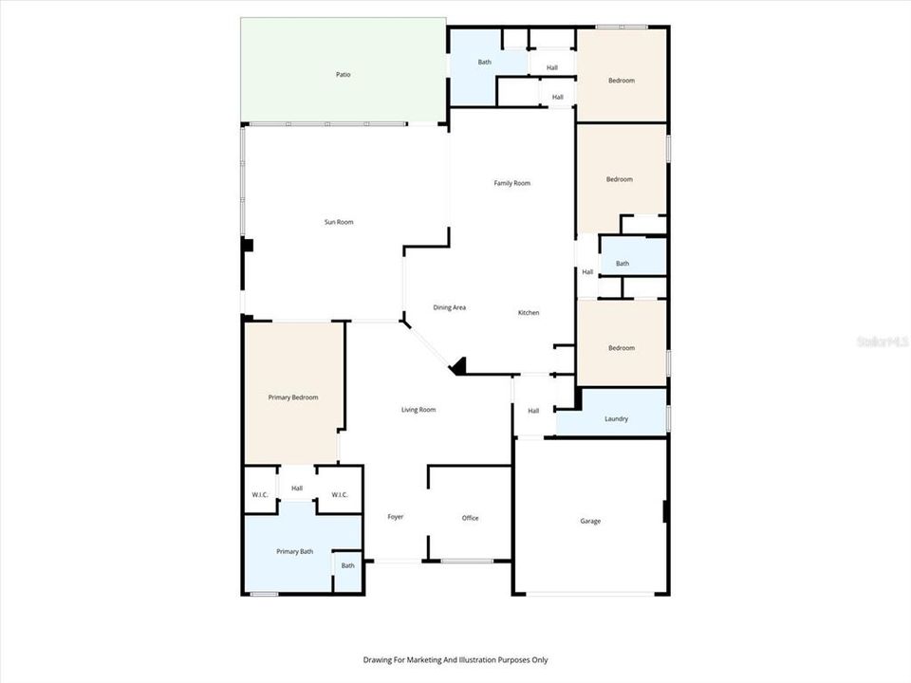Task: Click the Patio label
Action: (x=344, y=74)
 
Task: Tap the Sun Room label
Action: (x=339, y=222)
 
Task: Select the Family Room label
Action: (x=511, y=183)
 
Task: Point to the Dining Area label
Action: (x=449, y=307)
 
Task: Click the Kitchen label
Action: (x=529, y=313)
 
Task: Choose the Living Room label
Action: (x=418, y=410)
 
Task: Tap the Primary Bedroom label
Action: (x=292, y=397)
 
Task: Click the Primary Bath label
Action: (x=294, y=551)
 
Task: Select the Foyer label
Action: (x=396, y=517)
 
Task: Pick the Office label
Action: (x=470, y=518)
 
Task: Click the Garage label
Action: (x=590, y=521)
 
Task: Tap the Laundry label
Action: (x=616, y=418)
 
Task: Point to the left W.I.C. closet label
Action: (x=260, y=495)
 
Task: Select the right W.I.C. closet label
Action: (x=340, y=495)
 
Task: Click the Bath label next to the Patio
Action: (x=485, y=63)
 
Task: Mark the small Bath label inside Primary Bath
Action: (x=348, y=565)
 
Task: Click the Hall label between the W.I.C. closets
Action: (x=297, y=489)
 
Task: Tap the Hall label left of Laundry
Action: (x=533, y=411)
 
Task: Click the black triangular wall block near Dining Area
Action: (x=458, y=366)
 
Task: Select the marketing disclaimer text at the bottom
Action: (x=455, y=659)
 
